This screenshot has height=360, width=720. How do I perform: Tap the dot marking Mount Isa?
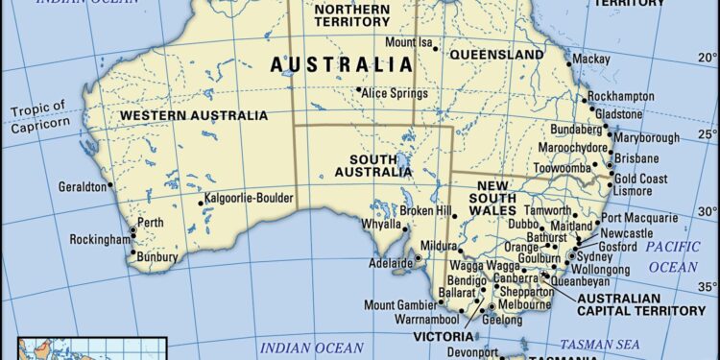(438, 44)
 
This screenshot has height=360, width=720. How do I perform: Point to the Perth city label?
(151, 222)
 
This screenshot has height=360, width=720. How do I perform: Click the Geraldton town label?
(83, 187)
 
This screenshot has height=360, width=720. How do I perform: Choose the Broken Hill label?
(424, 210)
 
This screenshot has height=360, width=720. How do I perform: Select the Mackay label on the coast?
(590, 59)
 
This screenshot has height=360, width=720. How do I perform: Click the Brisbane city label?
(637, 158)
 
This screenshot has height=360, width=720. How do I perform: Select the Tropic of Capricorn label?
(37, 112)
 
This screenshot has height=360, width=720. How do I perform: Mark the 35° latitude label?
(707, 287)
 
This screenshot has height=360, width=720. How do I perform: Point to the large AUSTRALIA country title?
(341, 65)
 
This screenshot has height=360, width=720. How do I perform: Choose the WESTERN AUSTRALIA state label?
(194, 115)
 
